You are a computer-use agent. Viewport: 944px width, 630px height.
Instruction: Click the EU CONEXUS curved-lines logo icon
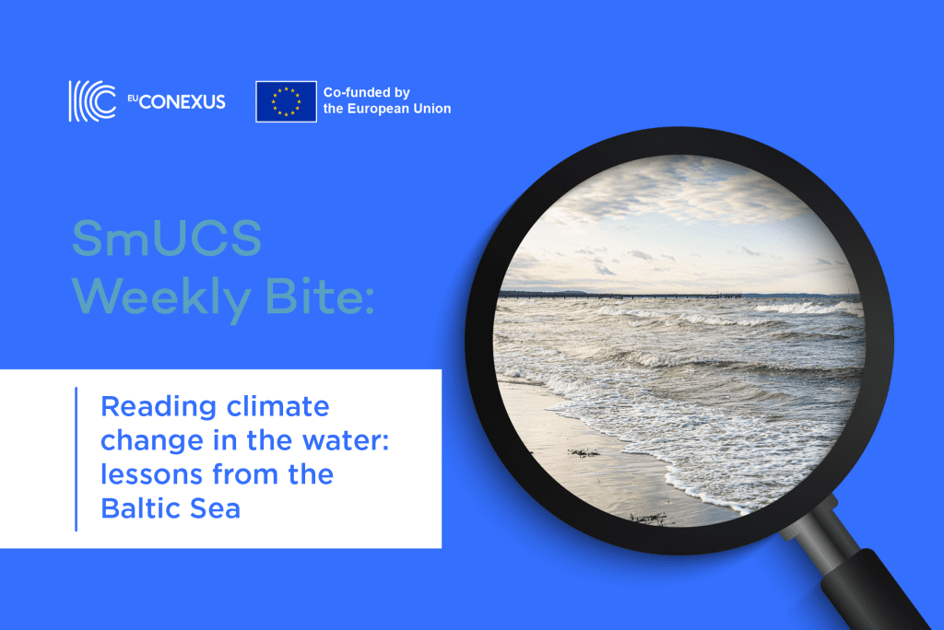pyautogui.click(x=92, y=101)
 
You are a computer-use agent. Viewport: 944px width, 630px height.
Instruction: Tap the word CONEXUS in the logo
pyautogui.click(x=183, y=101)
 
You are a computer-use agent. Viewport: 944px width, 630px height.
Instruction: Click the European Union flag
pyautogui.click(x=286, y=101)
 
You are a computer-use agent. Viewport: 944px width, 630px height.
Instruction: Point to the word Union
pyautogui.click(x=431, y=109)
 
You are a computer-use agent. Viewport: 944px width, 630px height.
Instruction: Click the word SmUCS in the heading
pyautogui.click(x=167, y=239)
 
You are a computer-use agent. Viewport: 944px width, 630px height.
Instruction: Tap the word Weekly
pyautogui.click(x=161, y=298)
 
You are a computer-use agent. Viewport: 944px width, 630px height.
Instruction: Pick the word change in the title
pyautogui.click(x=152, y=442)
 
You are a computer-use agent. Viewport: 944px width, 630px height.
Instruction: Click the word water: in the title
pyautogui.click(x=346, y=441)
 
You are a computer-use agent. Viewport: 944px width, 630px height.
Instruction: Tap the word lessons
pyautogui.click(x=151, y=474)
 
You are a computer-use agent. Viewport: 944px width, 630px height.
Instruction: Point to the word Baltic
pyautogui.click(x=140, y=508)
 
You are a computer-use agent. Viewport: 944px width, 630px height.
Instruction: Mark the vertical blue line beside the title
pyautogui.click(x=76, y=459)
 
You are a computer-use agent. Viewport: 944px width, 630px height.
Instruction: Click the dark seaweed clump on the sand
pyautogui.click(x=583, y=452)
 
